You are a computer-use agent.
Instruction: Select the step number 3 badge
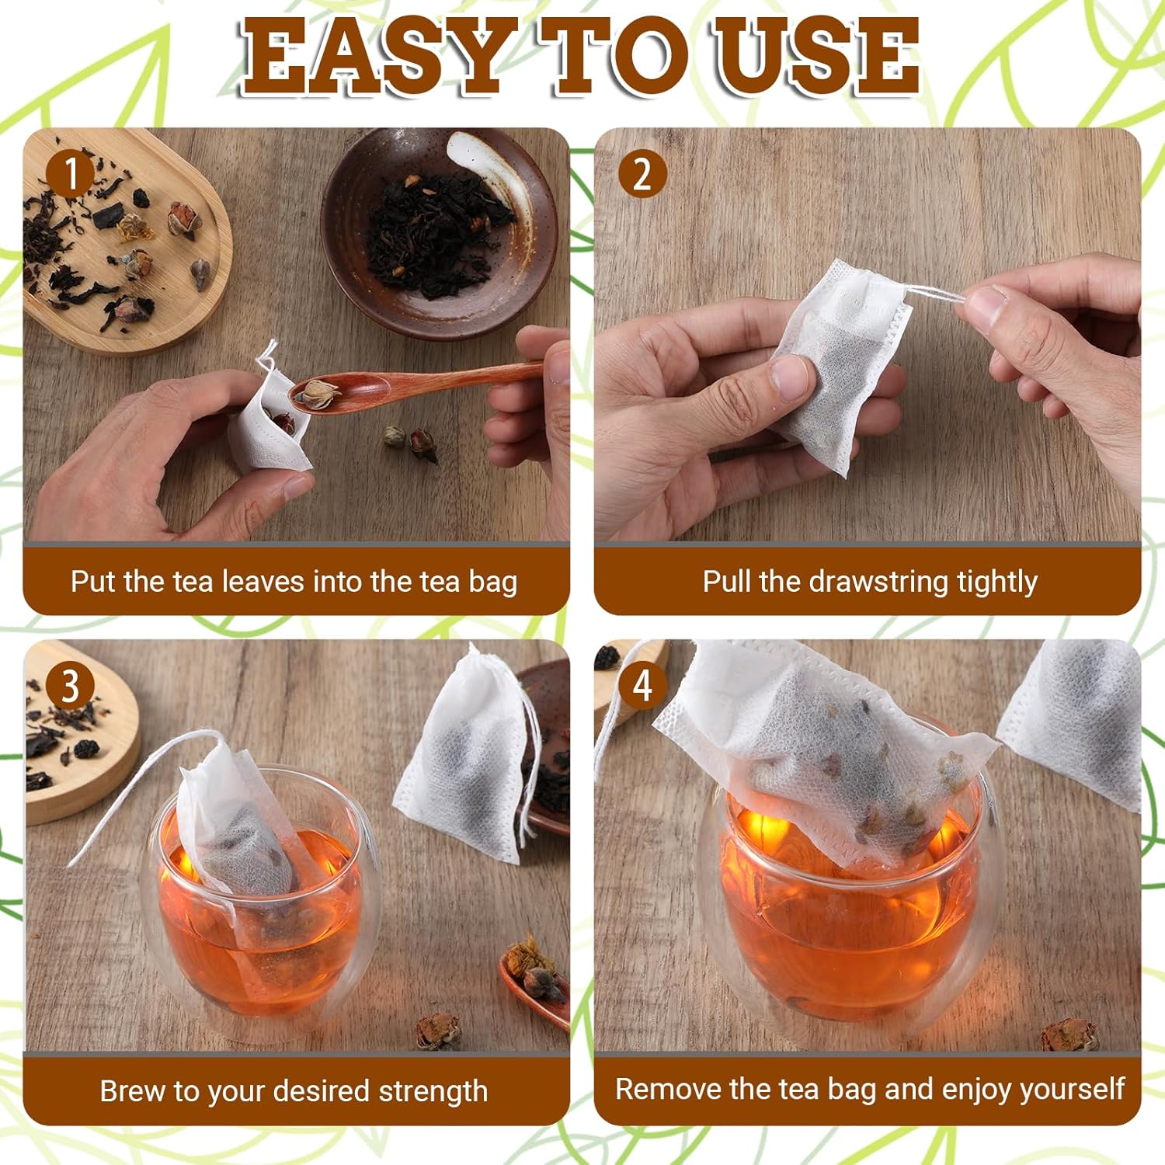point(71,686)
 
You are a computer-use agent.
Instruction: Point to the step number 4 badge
point(642,686)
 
